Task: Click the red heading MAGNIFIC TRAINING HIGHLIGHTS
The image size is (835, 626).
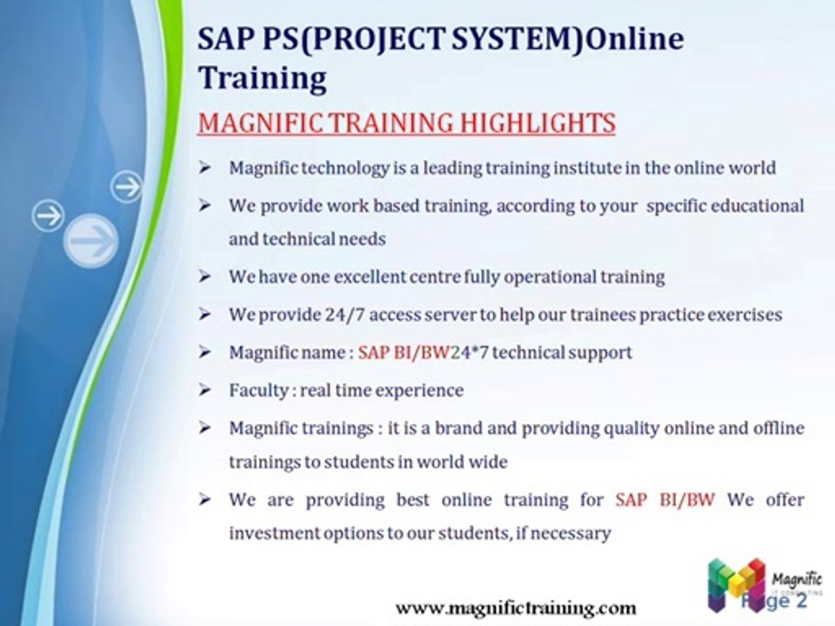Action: [x=406, y=123]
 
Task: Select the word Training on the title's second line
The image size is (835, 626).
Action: [x=263, y=78]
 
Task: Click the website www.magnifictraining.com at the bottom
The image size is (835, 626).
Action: [x=516, y=608]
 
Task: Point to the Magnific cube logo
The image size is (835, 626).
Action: [x=737, y=583]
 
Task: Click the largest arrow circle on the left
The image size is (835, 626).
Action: [x=91, y=240]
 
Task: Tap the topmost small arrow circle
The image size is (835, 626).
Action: [x=127, y=186]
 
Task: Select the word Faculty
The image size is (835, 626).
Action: [x=258, y=390]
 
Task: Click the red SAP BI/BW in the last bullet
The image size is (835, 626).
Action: [x=665, y=500]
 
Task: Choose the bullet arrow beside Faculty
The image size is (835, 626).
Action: [x=204, y=390]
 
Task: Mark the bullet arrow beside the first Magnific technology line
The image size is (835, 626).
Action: [x=204, y=168]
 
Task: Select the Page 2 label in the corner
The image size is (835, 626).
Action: [x=775, y=601]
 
